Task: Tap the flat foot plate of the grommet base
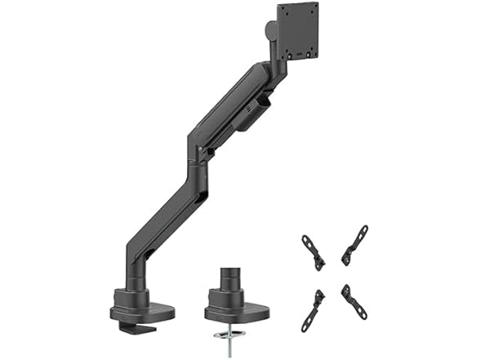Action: pyautogui.click(x=237, y=310)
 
